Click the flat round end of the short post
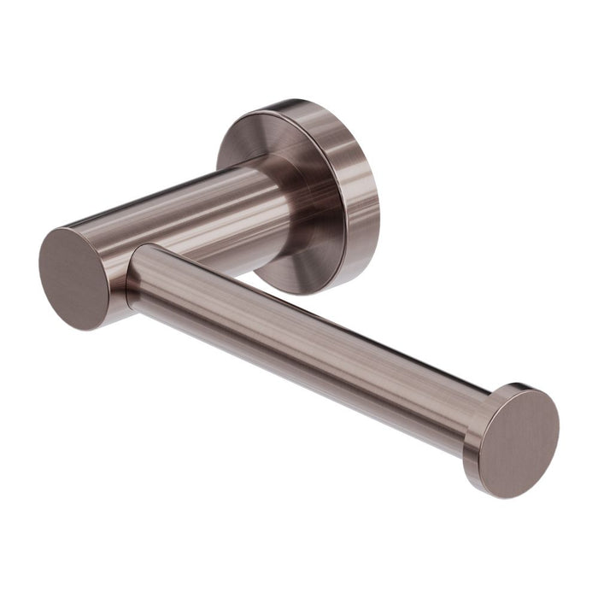[76, 278]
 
